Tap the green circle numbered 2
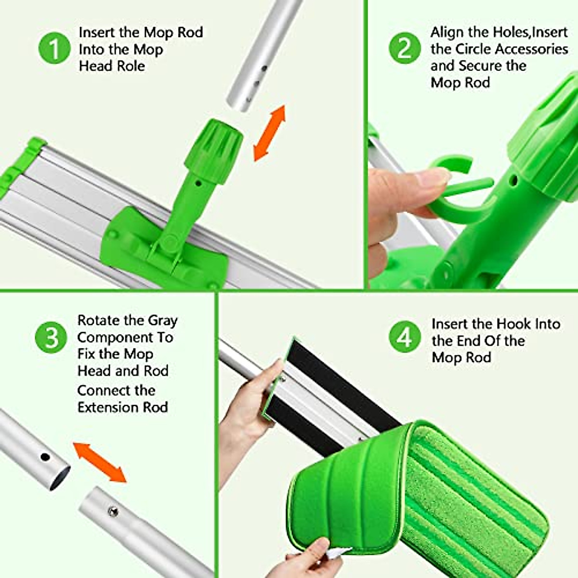(x=404, y=49)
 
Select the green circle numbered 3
(x=51, y=338)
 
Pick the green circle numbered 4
(x=404, y=337)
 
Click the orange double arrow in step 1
(x=270, y=133)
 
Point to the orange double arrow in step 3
(x=100, y=462)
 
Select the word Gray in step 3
(x=163, y=320)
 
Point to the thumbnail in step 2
(x=431, y=179)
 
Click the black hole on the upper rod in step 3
(x=45, y=456)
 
